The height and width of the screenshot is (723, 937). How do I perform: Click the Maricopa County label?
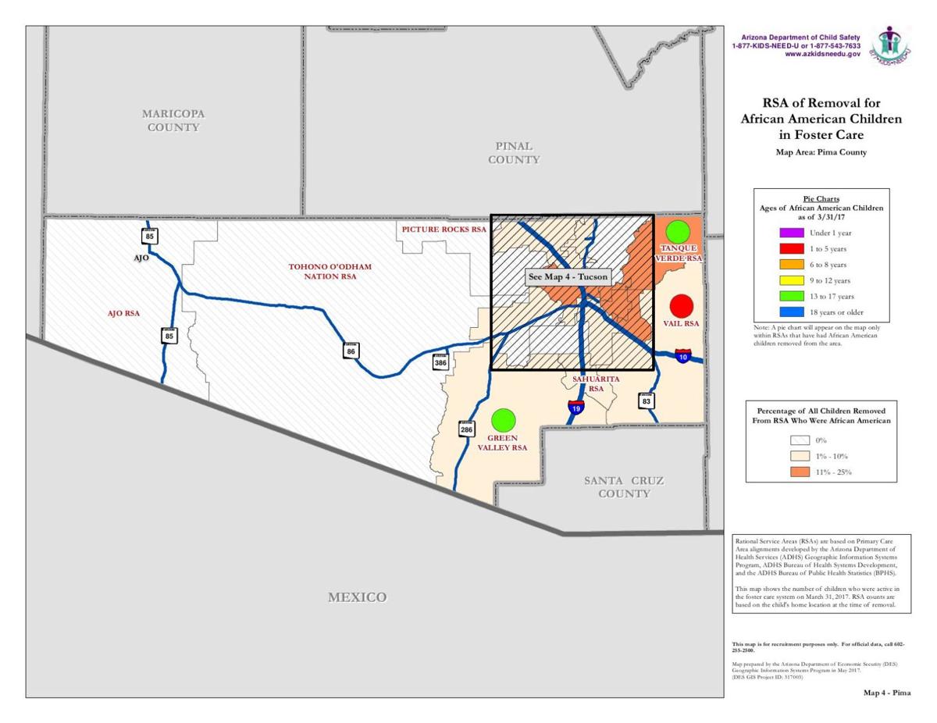173,120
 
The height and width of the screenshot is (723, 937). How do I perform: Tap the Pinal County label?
514,152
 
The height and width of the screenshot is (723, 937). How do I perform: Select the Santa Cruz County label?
623,487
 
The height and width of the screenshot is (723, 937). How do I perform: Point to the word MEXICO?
357,597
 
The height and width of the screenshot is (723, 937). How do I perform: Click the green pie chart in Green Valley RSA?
504,420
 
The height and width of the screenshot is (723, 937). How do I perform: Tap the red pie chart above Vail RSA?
682,305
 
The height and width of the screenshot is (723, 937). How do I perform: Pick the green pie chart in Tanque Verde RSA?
678,232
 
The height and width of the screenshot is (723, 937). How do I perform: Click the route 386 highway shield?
441,361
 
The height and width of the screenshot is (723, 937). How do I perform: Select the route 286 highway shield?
466,429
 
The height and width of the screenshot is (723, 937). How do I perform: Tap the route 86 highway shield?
351,351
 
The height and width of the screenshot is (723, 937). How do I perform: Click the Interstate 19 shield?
574,406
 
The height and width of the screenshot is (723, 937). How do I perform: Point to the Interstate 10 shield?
683,356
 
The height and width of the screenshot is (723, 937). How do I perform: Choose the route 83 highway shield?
646,401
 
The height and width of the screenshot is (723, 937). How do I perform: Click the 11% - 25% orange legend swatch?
800,472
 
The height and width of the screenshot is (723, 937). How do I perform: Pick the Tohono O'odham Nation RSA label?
330,272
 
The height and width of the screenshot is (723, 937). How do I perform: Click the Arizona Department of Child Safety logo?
890,45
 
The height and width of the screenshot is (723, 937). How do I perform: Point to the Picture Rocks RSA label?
444,230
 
